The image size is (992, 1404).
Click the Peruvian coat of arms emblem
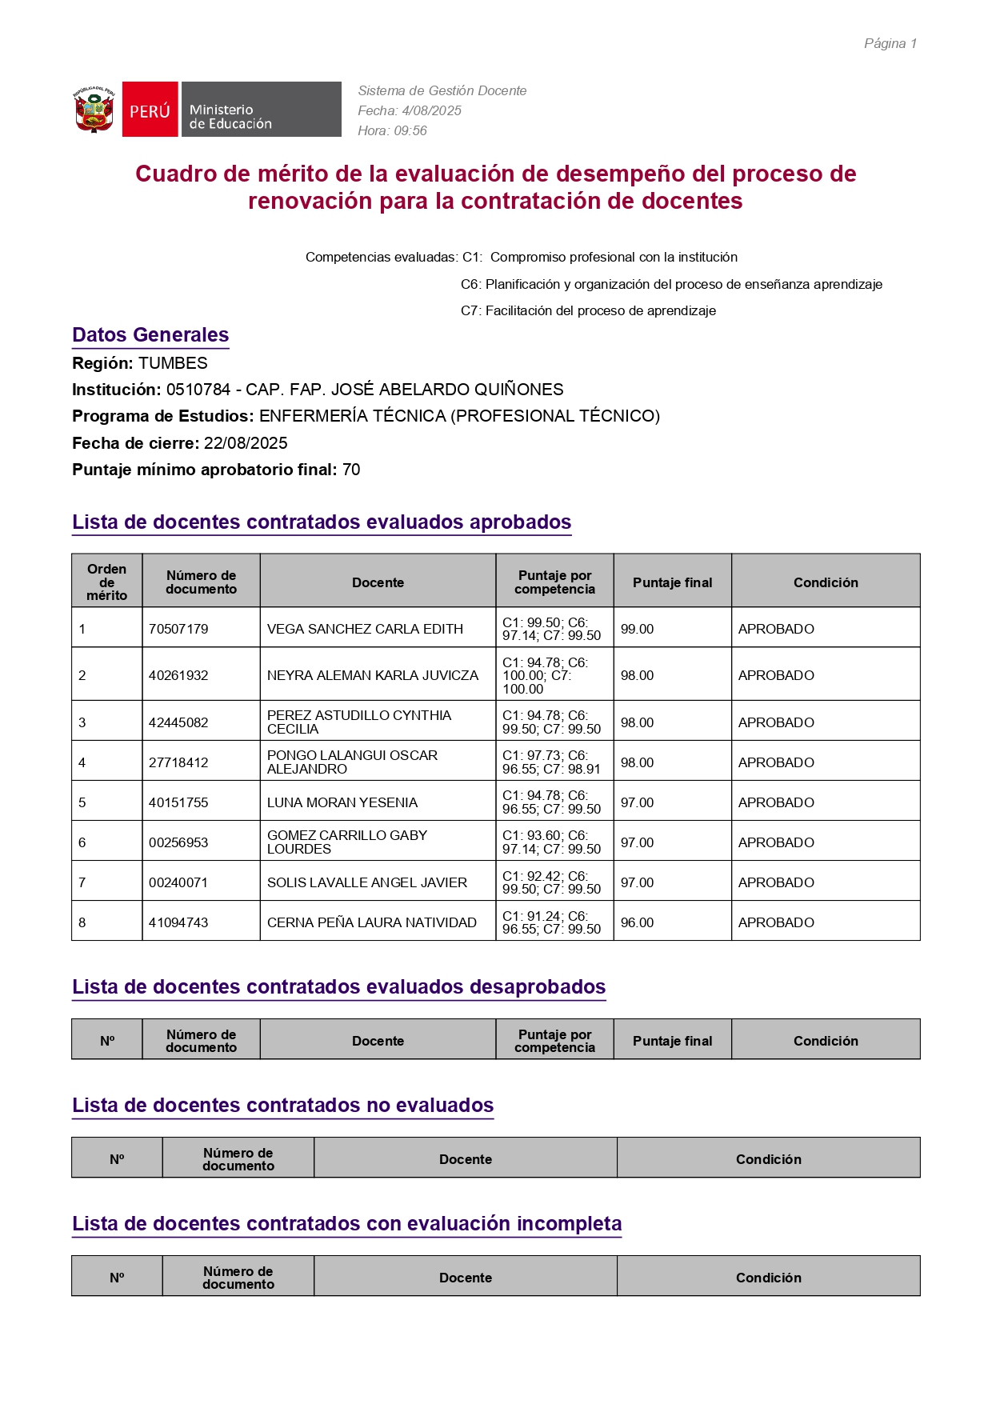coord(94,110)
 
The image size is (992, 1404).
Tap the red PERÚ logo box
coord(150,110)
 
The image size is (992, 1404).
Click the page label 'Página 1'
coord(890,43)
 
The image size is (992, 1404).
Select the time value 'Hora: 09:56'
coord(392,130)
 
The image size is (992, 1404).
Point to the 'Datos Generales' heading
coord(150,335)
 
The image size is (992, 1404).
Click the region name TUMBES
coord(173,363)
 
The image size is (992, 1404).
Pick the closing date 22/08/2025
coord(246,443)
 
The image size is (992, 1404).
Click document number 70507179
coord(178,629)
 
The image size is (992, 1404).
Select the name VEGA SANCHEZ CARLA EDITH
coord(365,629)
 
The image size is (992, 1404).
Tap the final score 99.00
coord(637,629)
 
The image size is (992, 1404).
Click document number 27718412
coord(178,762)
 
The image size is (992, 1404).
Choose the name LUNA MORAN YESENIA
coord(342,802)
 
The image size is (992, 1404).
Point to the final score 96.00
coord(637,922)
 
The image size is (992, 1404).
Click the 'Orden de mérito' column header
coord(107,582)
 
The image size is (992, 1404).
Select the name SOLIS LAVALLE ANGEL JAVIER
coord(367,882)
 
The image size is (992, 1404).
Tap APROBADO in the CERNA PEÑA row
coord(776,922)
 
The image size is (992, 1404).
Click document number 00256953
coord(178,842)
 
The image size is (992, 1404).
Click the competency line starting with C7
coord(588,310)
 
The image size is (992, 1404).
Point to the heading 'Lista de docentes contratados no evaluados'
coord(282,1105)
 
